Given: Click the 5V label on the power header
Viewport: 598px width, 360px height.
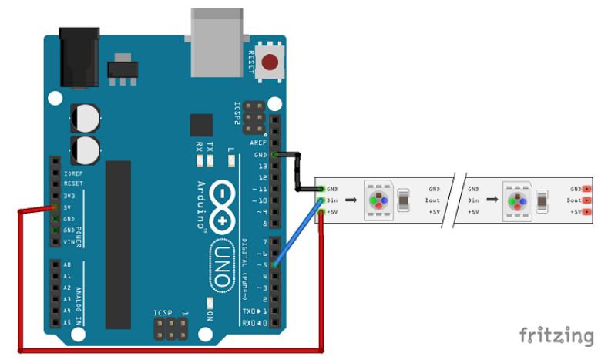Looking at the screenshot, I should tap(68, 207).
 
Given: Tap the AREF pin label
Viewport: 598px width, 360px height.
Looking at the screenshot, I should tap(258, 143).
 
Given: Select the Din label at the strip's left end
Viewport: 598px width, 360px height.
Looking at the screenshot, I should tap(332, 200).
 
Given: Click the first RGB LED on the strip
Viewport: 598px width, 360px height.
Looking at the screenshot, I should tap(378, 199).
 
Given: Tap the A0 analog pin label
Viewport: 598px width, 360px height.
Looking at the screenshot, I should tap(68, 264).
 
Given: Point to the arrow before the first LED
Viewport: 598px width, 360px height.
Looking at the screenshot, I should tap(350, 200).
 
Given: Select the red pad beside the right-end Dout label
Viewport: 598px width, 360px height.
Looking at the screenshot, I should tap(587, 200).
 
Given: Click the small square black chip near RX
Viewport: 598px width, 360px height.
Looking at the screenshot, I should tap(200, 125).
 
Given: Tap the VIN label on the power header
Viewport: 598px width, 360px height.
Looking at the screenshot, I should tap(69, 242).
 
